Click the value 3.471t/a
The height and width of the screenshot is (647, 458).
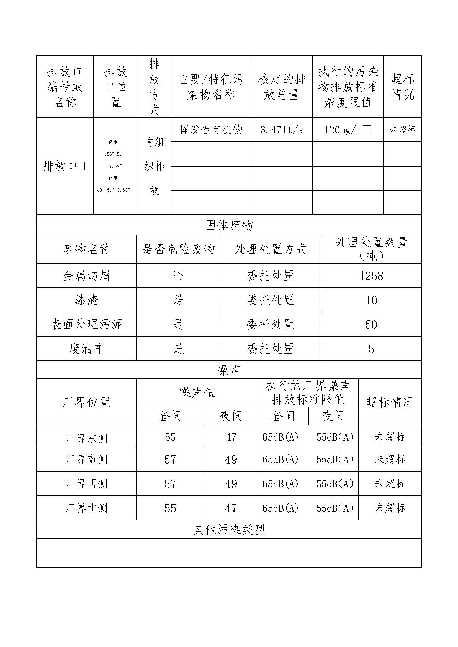(281, 130)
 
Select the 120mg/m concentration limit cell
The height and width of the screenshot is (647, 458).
(348, 130)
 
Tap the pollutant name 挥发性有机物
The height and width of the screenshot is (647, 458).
(211, 130)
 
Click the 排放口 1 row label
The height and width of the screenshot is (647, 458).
(65, 166)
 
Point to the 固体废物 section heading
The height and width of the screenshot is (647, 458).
(229, 225)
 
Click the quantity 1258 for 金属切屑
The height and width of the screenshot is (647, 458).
(371, 276)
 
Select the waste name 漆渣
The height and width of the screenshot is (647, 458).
(86, 300)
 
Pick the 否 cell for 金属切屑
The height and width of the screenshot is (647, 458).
(178, 276)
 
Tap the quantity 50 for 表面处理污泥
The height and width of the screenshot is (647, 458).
(371, 325)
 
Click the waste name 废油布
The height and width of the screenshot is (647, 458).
(86, 349)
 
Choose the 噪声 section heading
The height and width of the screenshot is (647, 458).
(229, 370)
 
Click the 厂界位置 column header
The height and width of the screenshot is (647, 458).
(86, 402)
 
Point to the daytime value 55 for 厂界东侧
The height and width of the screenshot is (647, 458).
(170, 437)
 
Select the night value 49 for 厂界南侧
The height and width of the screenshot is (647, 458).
(231, 460)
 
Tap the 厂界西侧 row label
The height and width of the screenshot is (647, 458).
(86, 484)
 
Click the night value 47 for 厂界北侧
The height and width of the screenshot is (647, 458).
(231, 508)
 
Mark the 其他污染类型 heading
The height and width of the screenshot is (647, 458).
(229, 530)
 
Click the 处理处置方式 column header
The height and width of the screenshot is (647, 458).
(270, 250)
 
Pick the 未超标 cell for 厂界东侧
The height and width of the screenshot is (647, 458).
(390, 437)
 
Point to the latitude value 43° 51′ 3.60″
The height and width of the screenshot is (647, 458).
(114, 190)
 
